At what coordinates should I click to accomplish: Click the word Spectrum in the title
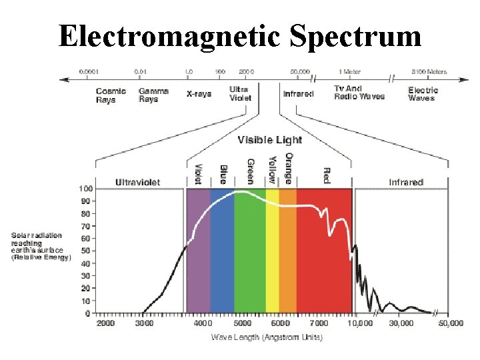tap(355, 36)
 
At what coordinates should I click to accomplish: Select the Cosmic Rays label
tap(111, 95)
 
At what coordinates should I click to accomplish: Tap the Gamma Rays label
tap(153, 95)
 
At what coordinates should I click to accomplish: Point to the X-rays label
tap(199, 94)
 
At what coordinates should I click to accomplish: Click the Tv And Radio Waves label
tap(359, 93)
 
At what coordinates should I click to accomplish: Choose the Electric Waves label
tap(423, 94)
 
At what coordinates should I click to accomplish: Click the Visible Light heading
tap(269, 140)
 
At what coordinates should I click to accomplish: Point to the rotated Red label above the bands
tap(327, 175)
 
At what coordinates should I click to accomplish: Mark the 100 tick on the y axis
tap(85, 189)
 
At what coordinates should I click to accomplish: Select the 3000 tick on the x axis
tap(144, 323)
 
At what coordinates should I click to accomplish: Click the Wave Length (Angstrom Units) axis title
tap(267, 337)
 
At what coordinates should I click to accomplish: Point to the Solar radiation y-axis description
tap(40, 247)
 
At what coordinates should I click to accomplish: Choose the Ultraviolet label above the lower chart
tap(137, 182)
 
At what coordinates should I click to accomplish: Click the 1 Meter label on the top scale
tap(350, 71)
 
